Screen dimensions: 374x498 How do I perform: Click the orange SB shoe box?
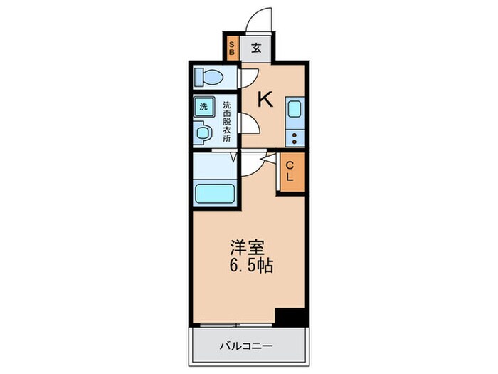(231, 49)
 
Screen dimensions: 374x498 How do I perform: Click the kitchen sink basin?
(295, 110)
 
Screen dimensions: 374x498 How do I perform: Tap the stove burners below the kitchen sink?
(295, 134)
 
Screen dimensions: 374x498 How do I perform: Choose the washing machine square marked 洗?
(203, 108)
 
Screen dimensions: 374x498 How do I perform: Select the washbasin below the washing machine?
(203, 132)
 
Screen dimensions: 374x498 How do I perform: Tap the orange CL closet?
(290, 173)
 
